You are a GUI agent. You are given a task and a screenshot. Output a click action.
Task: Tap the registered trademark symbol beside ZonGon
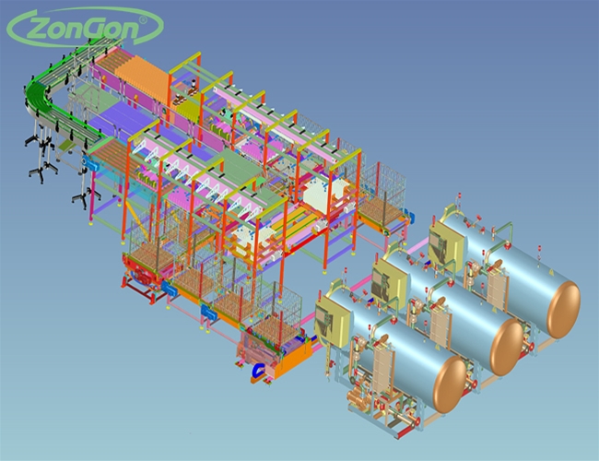pyautogui.click(x=143, y=19)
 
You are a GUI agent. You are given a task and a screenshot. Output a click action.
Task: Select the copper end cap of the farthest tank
pyautogui.click(x=563, y=310)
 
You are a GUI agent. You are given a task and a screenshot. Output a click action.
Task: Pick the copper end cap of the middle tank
pyautogui.click(x=507, y=347)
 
